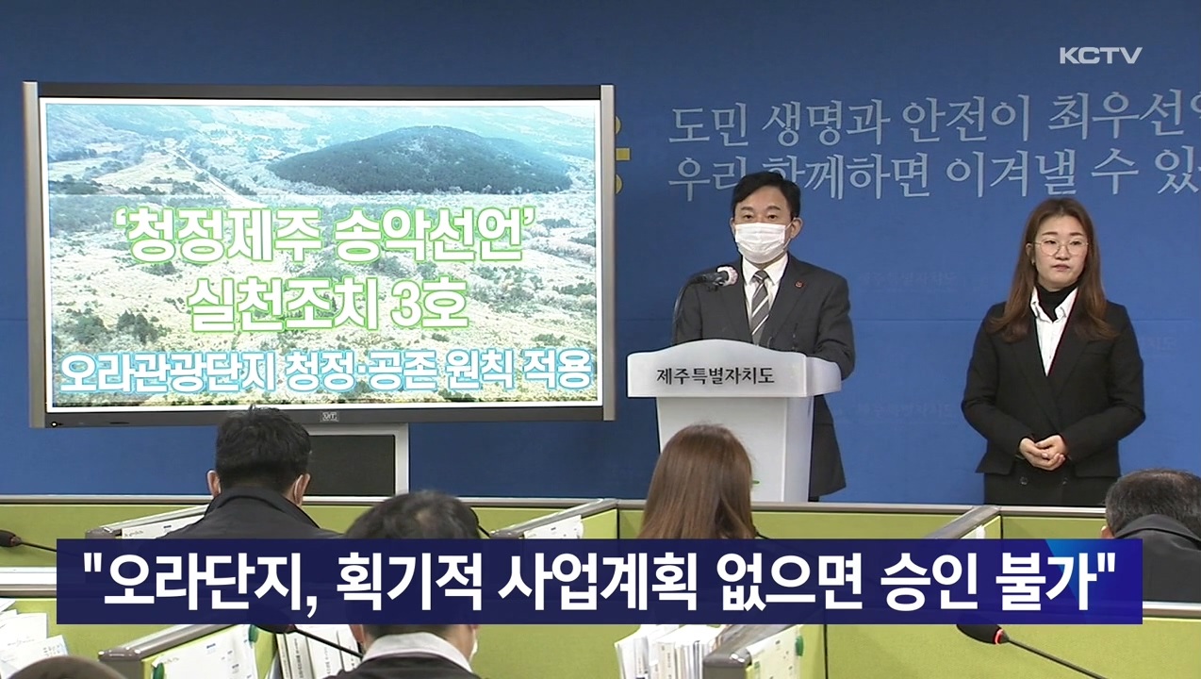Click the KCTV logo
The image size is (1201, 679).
1099,56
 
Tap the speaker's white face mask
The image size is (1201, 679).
761,240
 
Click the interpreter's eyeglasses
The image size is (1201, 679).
1060,247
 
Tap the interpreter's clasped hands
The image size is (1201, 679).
1042,451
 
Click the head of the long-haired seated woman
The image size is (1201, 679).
699,472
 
